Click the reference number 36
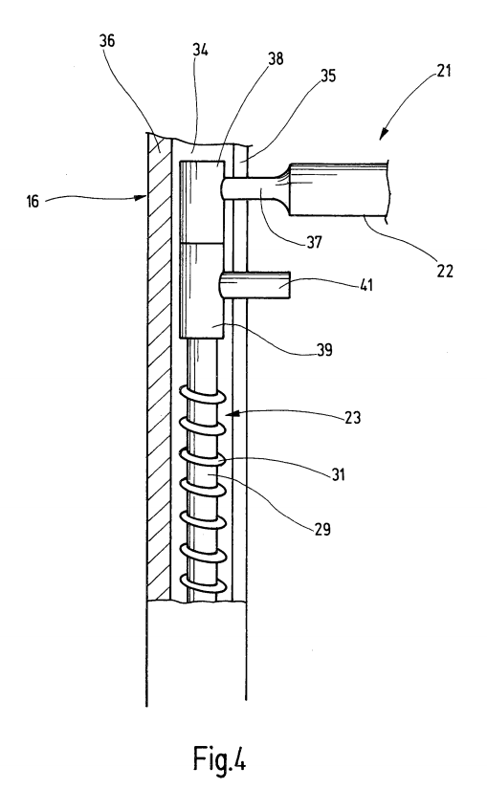107,41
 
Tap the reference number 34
200,50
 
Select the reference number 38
276,59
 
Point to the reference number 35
328,76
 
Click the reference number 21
443,71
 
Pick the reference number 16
33,202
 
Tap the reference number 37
314,242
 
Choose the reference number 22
445,271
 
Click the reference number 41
366,285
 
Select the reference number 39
325,350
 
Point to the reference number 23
352,418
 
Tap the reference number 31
338,474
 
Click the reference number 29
322,529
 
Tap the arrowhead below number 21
383,133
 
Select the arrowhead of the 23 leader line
228,415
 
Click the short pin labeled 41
255,285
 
